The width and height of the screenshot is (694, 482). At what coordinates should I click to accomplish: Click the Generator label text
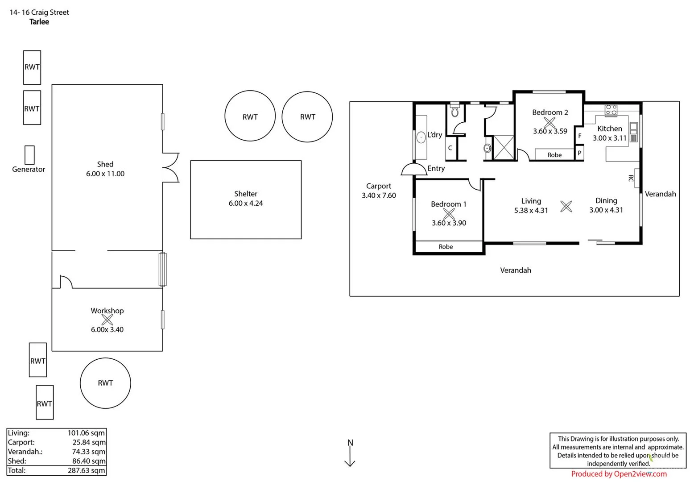point(29,169)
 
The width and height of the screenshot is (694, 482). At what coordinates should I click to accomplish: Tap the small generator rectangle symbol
point(29,155)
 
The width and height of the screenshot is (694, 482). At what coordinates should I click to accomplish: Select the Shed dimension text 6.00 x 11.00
point(105,174)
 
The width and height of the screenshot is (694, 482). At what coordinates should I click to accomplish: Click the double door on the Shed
point(171,167)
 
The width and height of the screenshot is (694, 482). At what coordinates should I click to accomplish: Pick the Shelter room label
point(246,194)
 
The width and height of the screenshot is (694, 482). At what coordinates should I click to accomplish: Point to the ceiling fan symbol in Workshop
point(107,320)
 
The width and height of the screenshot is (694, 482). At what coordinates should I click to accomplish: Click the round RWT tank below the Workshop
point(105,383)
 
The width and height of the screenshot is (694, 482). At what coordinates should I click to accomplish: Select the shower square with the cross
point(503,148)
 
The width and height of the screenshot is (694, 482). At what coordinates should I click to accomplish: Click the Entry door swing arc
point(413,169)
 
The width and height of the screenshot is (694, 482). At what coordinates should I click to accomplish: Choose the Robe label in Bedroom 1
point(446,247)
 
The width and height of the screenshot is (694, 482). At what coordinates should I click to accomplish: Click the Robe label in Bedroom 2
point(554,155)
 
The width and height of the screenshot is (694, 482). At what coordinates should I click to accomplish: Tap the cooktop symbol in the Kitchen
point(611,109)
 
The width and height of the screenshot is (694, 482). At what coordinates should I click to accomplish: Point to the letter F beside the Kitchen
point(579,136)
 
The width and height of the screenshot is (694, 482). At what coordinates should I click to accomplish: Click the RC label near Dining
point(631,178)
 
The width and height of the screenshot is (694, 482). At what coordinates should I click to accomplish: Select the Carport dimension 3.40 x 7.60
point(379,195)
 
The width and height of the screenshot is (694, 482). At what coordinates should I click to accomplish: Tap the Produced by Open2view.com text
point(619,474)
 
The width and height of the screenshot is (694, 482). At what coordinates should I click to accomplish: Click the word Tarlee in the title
point(39,22)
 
